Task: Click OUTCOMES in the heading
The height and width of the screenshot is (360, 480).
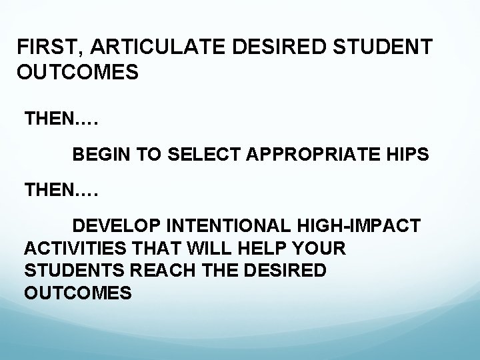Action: tap(78, 72)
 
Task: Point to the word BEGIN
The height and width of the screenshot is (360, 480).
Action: tap(101, 155)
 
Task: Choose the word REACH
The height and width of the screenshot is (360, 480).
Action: tap(154, 271)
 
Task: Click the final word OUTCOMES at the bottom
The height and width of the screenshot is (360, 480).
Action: tap(77, 294)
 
